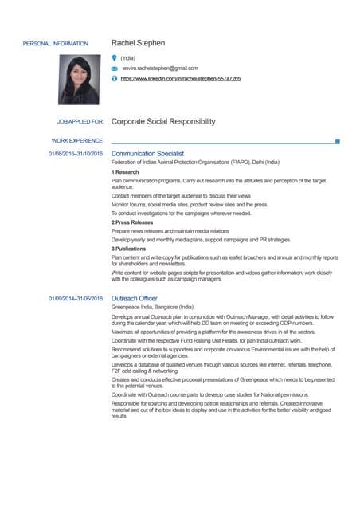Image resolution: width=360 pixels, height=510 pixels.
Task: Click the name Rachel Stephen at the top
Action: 138,42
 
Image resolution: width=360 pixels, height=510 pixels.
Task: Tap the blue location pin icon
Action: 115,58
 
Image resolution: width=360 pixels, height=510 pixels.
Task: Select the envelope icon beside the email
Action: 115,69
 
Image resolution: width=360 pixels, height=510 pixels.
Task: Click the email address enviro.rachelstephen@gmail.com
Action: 159,69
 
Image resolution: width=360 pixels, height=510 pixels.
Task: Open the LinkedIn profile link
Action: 180,80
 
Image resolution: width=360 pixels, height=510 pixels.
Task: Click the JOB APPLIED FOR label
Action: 80,122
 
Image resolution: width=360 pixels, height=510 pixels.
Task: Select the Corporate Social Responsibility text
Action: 163,122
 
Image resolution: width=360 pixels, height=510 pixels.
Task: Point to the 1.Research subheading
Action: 125,172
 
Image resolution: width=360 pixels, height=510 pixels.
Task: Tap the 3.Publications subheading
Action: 129,249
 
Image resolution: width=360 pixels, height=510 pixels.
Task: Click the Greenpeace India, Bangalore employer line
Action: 152,308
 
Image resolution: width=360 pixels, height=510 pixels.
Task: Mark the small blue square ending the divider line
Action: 338,141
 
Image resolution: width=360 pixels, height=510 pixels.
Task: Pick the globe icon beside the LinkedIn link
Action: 115,80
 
